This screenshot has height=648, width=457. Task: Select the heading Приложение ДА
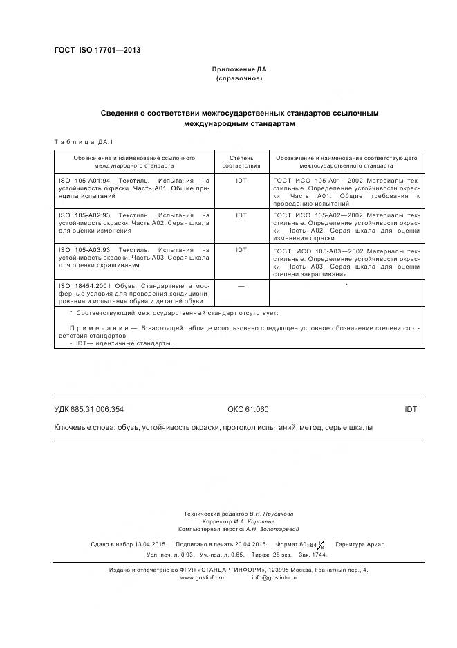point(239,70)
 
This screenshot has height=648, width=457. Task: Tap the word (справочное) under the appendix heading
point(239,78)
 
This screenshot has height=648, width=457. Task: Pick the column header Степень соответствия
point(241,162)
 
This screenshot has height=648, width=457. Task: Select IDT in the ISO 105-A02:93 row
point(241,215)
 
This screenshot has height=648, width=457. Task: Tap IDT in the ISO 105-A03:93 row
point(241,250)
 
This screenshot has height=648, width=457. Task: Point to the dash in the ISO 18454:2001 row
point(241,285)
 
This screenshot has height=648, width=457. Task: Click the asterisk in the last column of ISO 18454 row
point(346,285)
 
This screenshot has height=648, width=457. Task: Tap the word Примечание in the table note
point(99,328)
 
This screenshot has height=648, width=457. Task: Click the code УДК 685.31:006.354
point(88,409)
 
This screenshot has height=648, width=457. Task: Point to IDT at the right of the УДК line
point(411,409)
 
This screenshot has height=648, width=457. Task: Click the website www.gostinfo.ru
point(203,577)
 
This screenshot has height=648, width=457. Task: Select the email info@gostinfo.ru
point(274,577)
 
